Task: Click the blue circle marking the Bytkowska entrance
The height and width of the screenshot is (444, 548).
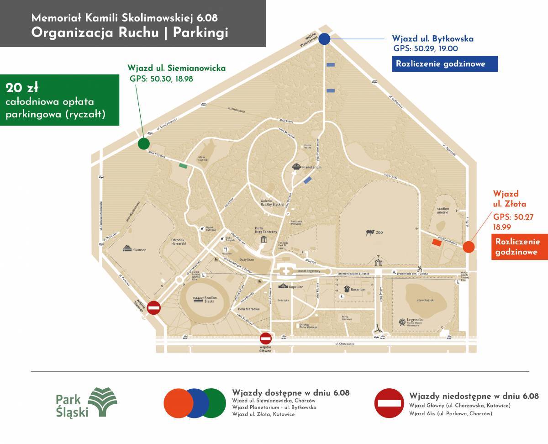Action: pos(324,39)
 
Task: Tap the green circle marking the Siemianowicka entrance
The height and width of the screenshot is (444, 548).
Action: pos(143,144)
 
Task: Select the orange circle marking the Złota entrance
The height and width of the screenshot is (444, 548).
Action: pos(469,247)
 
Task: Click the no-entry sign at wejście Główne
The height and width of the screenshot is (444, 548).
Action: pos(266,338)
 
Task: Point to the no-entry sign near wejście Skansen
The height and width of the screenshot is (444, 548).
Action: pos(154,308)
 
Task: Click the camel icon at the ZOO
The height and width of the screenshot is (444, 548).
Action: pos(370,233)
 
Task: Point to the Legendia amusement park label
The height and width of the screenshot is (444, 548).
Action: pos(415,321)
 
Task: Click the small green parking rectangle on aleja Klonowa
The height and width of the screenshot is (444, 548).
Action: pos(183,166)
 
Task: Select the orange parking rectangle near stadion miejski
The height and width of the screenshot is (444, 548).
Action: pos(437,243)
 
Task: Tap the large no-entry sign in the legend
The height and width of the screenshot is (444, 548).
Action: pos(390,403)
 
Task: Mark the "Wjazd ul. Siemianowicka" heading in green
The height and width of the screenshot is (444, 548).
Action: pos(177,68)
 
